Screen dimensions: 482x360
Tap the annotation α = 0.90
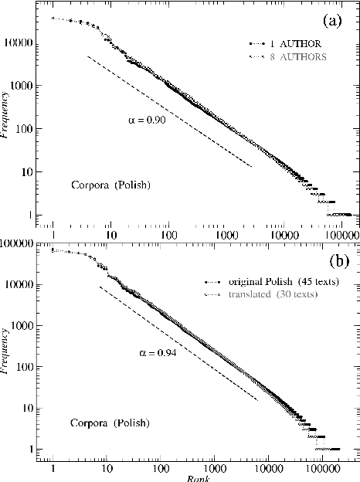[x=147, y=120]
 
